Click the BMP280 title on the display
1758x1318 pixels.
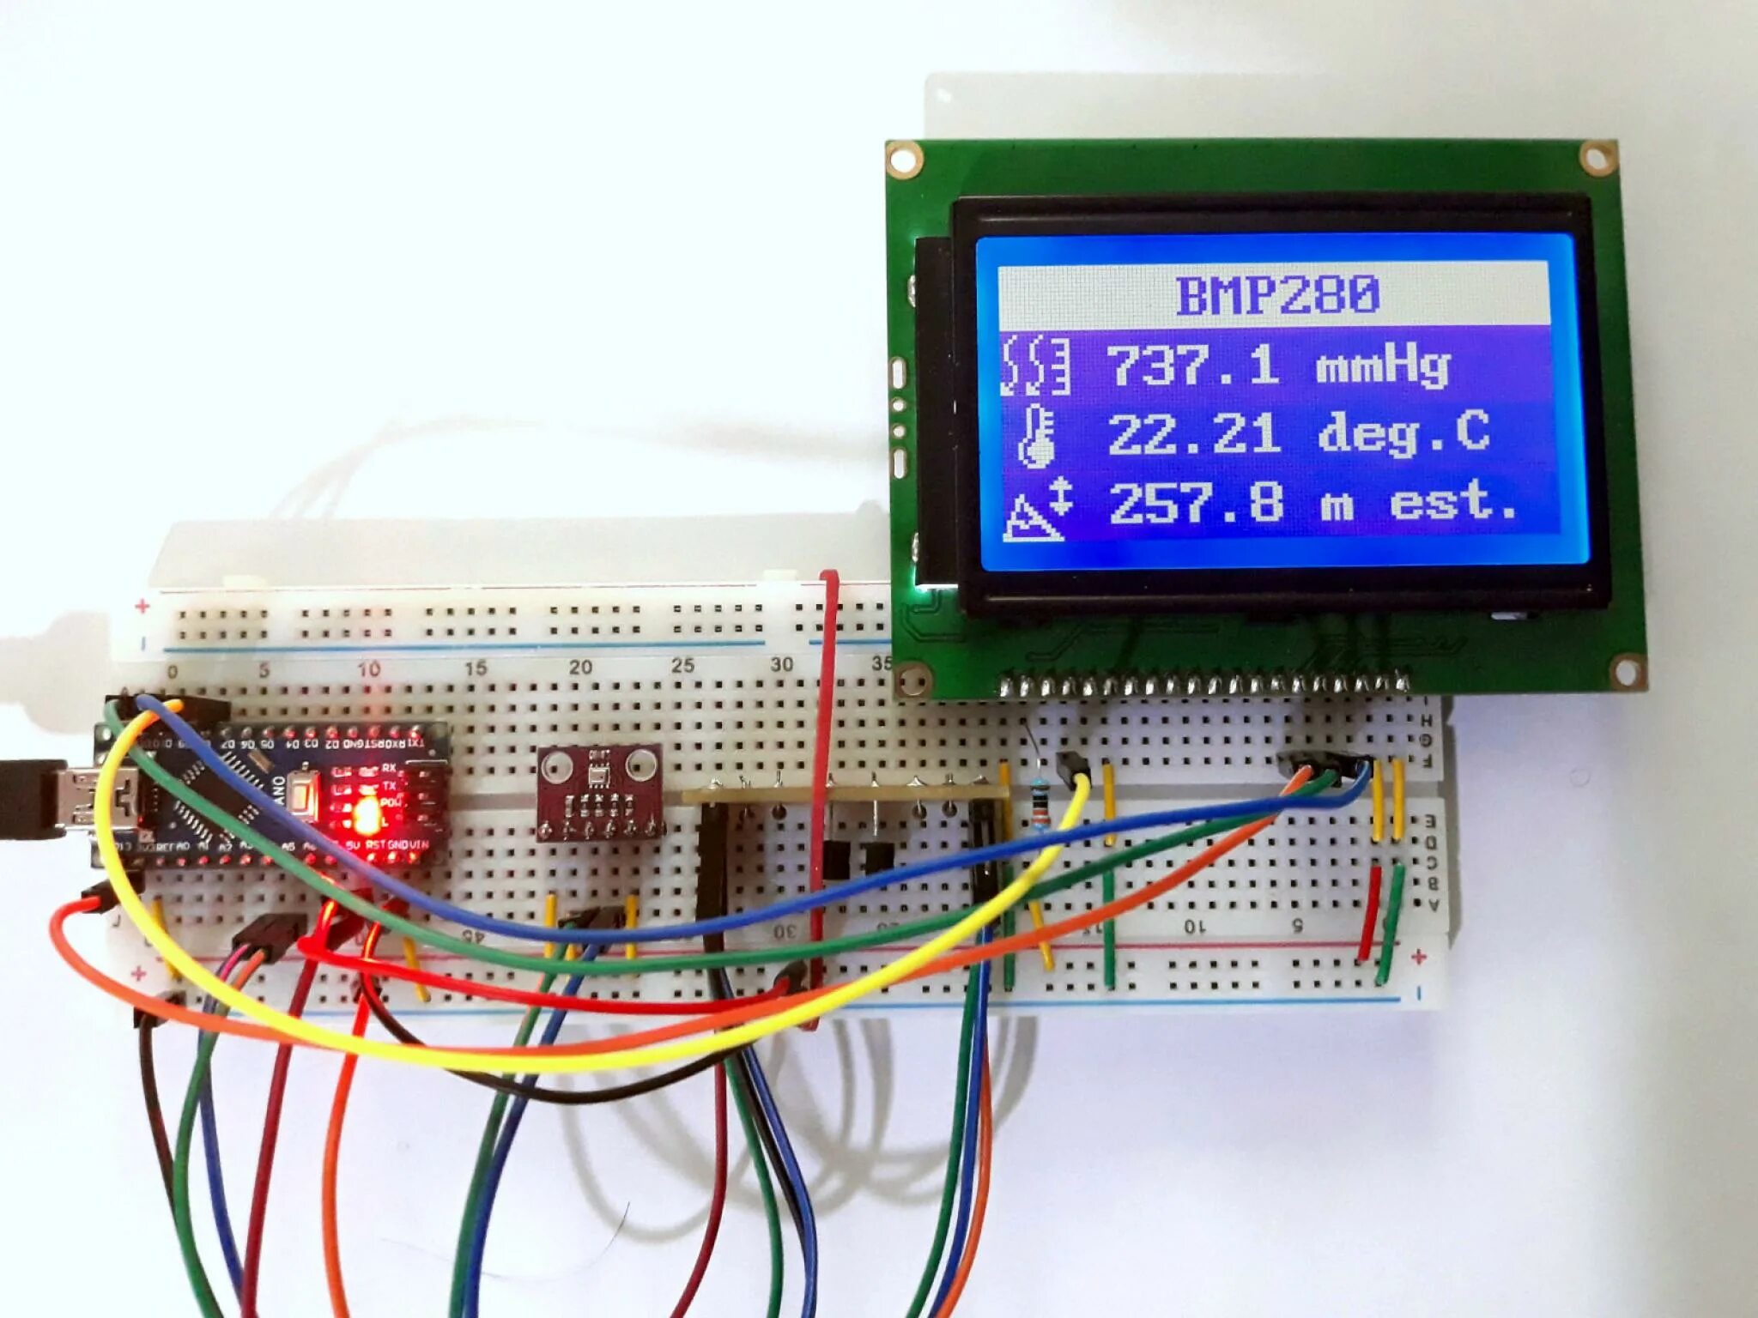click(x=1276, y=294)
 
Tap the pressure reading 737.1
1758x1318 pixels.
click(x=1194, y=364)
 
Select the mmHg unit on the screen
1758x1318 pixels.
click(x=1382, y=367)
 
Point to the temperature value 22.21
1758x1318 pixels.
click(x=1194, y=433)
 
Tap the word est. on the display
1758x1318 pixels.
click(x=1452, y=502)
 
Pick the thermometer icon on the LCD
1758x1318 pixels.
click(x=1037, y=436)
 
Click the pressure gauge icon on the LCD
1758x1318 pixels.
click(x=1037, y=366)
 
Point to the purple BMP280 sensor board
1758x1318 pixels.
click(x=599, y=792)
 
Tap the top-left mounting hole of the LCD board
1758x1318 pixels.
click(x=905, y=160)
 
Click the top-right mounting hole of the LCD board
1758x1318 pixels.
click(x=1597, y=159)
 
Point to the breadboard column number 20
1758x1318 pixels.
click(x=580, y=667)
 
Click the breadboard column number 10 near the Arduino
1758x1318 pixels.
click(x=369, y=669)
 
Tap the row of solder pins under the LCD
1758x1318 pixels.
click(x=1202, y=685)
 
